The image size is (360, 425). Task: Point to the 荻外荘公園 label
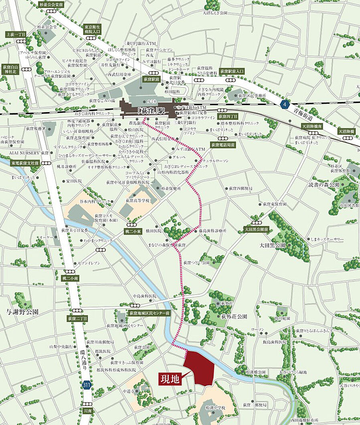coord(231,316)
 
